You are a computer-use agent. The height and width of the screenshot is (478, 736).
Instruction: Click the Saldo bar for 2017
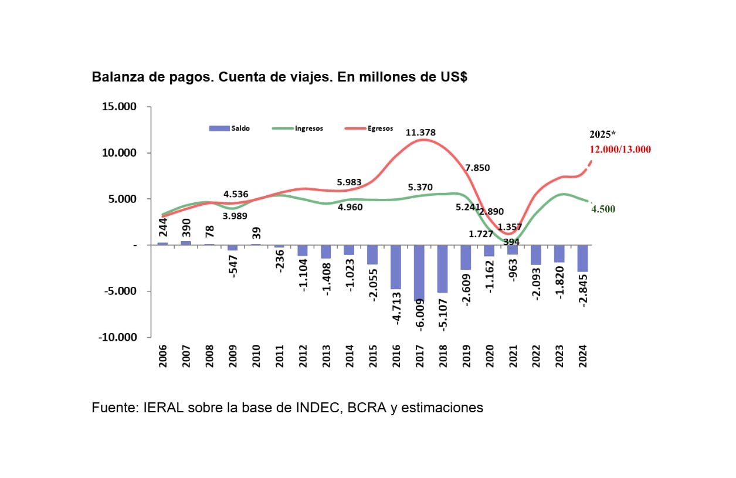click(x=419, y=272)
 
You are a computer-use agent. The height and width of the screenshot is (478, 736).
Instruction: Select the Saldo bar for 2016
click(x=396, y=267)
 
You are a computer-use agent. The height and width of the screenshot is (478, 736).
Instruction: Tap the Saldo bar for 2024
click(x=582, y=258)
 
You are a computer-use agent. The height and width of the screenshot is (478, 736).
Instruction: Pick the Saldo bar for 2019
click(x=466, y=257)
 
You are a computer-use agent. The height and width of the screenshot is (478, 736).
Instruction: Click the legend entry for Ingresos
click(x=296, y=128)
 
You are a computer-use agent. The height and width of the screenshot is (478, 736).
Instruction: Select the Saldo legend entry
click(x=230, y=128)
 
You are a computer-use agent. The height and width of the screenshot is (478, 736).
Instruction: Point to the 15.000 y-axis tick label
click(x=119, y=107)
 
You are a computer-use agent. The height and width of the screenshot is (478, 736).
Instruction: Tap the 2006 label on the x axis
click(x=163, y=356)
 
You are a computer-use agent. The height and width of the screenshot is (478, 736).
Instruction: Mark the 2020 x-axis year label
click(x=489, y=356)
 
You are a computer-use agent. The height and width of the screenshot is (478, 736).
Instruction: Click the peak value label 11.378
click(x=420, y=133)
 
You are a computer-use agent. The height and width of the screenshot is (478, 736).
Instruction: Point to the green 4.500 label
click(x=603, y=209)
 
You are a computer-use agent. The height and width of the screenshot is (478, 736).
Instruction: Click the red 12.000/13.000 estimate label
click(x=620, y=150)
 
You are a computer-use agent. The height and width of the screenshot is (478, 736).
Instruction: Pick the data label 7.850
click(x=477, y=168)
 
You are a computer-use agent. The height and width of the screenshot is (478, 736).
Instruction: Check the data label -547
click(x=233, y=266)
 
